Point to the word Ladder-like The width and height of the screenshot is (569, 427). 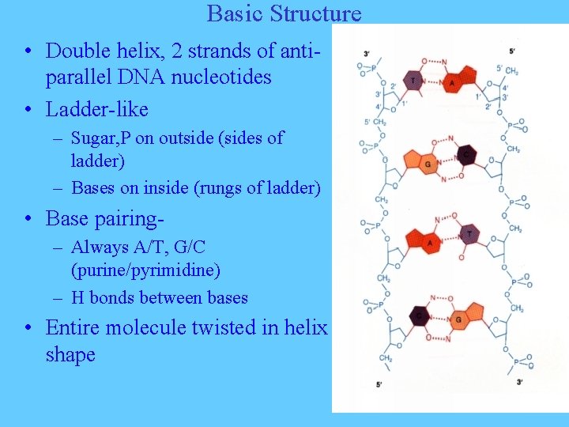(x=97, y=108)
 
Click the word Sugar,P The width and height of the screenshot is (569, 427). (x=100, y=138)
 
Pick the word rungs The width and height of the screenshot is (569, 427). (x=235, y=187)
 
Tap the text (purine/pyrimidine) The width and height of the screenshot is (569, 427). (x=146, y=270)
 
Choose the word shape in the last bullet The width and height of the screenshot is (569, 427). (x=70, y=355)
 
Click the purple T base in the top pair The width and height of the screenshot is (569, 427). (x=413, y=80)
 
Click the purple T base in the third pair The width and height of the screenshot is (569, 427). (x=469, y=233)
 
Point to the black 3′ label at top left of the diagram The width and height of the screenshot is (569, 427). (x=367, y=54)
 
